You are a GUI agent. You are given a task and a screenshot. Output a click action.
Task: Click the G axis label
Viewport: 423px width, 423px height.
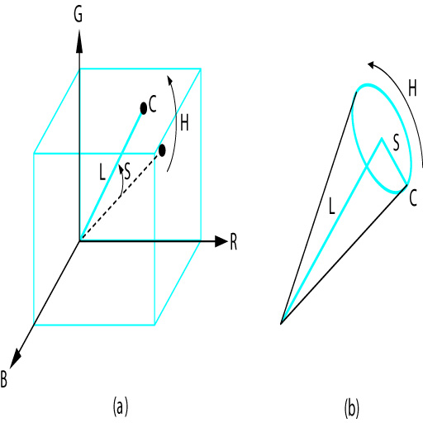tap(78, 15)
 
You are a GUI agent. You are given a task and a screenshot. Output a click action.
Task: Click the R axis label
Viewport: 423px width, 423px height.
tap(233, 242)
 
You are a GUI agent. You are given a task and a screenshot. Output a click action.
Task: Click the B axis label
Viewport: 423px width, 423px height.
tap(3, 379)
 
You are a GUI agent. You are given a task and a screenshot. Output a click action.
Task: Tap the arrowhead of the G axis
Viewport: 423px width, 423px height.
tap(79, 41)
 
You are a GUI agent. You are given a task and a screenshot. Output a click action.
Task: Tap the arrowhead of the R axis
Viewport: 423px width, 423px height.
tap(221, 241)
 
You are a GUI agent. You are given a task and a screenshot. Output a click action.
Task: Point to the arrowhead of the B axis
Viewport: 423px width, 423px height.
tap(15, 359)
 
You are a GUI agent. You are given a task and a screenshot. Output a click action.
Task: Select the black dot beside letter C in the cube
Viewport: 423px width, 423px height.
tap(144, 108)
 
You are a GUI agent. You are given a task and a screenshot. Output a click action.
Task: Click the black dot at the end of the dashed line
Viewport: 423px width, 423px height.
tap(162, 150)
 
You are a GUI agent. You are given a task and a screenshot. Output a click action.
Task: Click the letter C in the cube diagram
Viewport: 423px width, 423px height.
tap(153, 104)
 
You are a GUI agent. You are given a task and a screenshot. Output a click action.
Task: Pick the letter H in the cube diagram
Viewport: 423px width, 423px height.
tap(184, 123)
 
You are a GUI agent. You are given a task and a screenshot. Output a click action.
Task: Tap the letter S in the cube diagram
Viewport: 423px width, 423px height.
tap(127, 171)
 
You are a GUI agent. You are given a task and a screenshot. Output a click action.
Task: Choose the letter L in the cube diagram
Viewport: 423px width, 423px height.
tap(102, 173)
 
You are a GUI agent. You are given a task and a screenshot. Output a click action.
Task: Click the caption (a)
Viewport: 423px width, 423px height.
tap(121, 406)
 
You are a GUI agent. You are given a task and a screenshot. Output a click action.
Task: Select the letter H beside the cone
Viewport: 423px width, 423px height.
tap(412, 88)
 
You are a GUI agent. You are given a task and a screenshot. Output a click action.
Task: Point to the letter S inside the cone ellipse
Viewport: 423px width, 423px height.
tap(396, 143)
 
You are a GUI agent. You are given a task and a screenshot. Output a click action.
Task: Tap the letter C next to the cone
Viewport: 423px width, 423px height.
tap(413, 198)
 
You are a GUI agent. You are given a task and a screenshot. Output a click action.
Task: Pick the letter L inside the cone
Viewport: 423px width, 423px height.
tap(332, 207)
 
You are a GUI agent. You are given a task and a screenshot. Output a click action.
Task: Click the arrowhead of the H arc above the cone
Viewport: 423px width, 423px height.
tap(373, 65)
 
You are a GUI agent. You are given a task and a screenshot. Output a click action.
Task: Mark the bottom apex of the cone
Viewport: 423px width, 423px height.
tap(281, 324)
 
